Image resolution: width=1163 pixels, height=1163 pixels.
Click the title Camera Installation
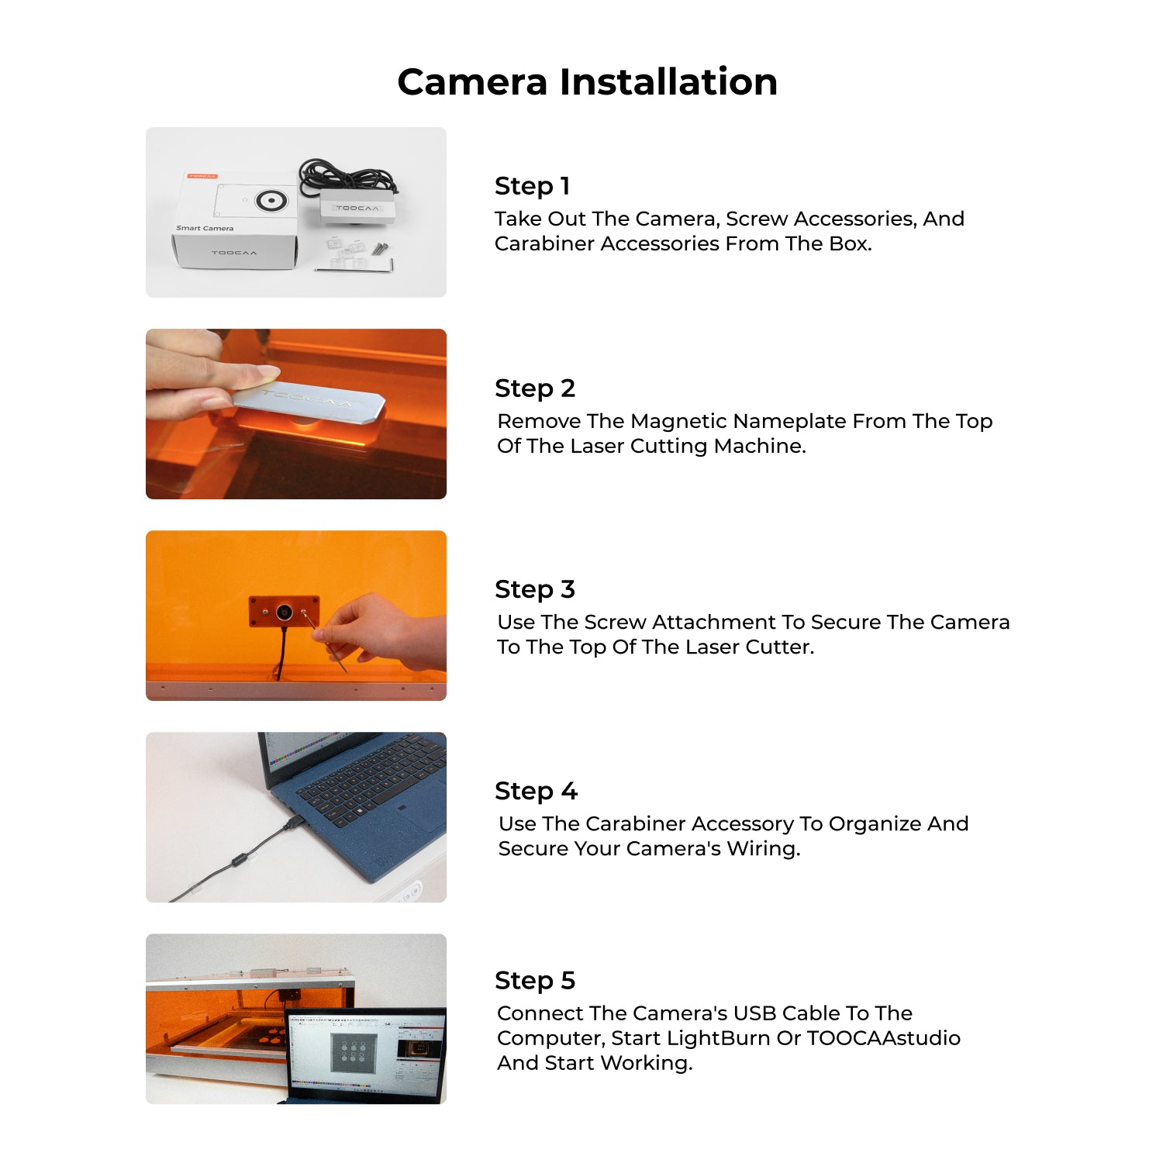tap(587, 82)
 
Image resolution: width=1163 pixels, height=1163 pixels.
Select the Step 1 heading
tap(532, 186)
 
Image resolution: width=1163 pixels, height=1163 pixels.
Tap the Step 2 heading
tap(534, 388)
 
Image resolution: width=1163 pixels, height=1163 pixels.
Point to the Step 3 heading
tap(534, 589)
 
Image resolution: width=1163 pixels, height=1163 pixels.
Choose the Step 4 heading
tap(535, 791)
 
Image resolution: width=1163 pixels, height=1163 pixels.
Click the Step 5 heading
tap(534, 980)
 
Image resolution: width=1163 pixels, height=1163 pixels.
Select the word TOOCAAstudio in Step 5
tap(883, 1038)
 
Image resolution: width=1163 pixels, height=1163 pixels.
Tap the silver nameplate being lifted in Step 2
tap(310, 403)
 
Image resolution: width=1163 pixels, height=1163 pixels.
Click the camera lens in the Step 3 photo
tap(285, 612)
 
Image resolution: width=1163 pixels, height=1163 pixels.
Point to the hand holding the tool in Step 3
tap(384, 632)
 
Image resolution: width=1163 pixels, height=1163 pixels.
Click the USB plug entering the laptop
tap(295, 823)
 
